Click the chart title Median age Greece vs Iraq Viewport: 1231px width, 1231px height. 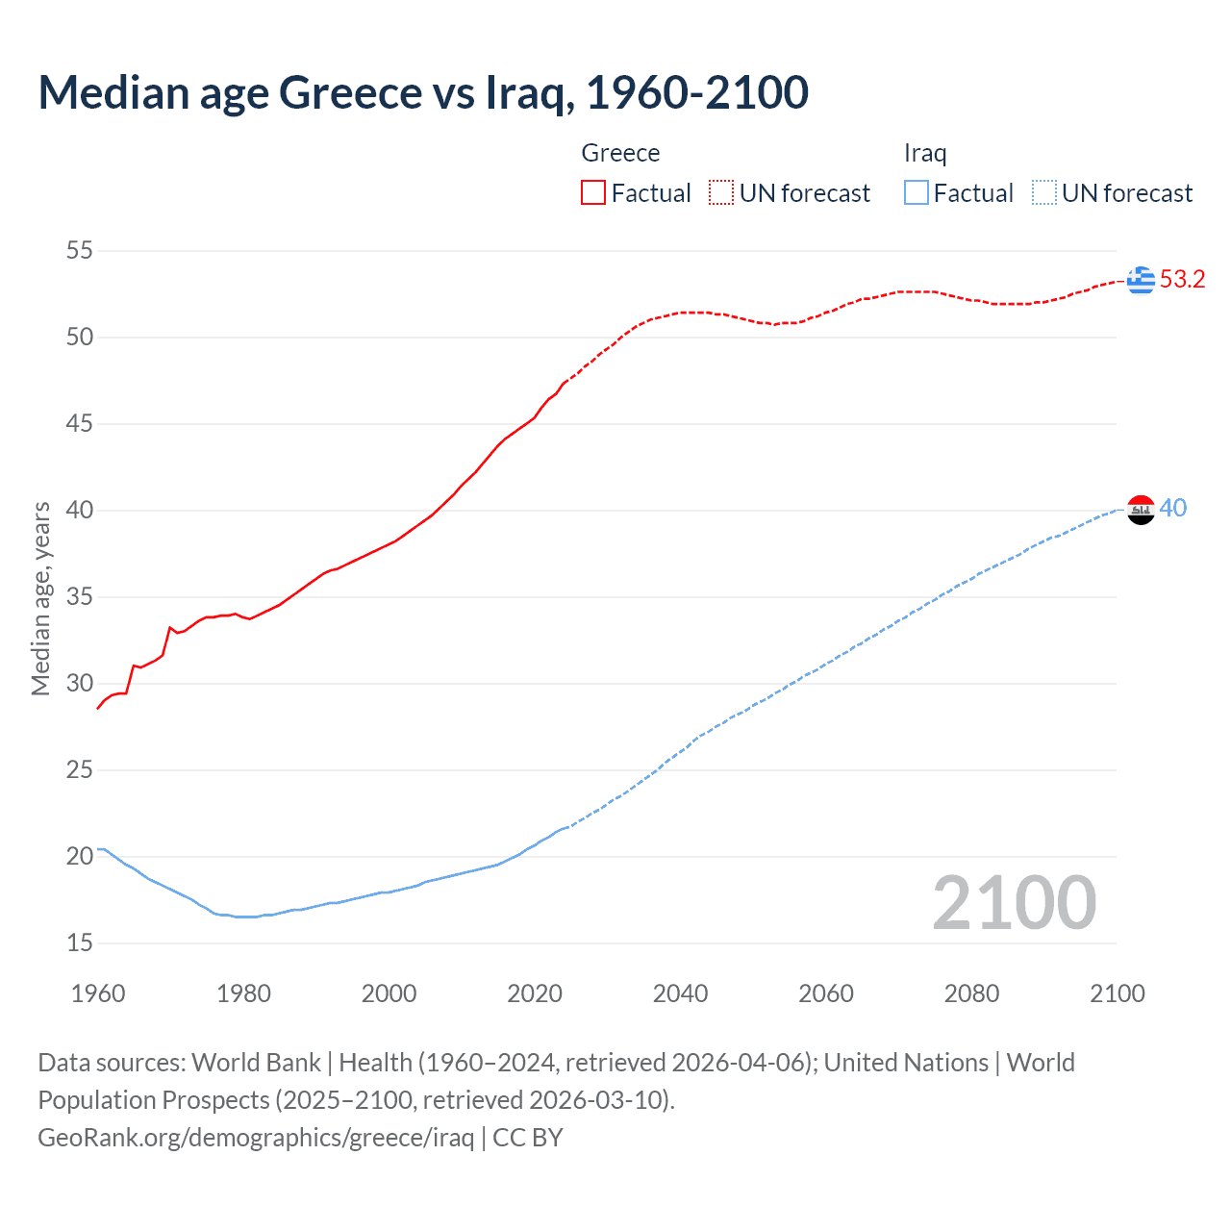tap(423, 93)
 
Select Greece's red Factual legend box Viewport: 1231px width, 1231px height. tap(593, 192)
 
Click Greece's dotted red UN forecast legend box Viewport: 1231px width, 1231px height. tap(721, 192)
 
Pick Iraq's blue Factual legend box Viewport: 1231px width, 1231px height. tap(917, 192)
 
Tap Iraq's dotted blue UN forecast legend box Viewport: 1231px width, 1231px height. tap(1044, 192)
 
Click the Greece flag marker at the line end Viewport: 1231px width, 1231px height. tap(1141, 280)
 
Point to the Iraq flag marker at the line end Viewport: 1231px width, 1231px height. tap(1141, 510)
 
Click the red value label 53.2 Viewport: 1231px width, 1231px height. tap(1183, 280)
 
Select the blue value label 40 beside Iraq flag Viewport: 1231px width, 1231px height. tap(1173, 508)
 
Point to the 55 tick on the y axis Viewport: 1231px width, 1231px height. tap(80, 251)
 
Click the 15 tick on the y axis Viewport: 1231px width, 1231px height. tap(80, 943)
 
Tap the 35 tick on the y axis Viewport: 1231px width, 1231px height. tap(80, 597)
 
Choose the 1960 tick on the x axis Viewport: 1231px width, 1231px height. tap(98, 993)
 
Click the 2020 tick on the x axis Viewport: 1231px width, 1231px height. tap(535, 993)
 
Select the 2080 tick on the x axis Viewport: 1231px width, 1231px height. tap(971, 993)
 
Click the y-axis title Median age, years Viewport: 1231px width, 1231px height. tap(40, 598)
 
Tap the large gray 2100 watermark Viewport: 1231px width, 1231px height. tap(1015, 902)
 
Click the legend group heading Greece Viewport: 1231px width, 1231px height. tap(620, 153)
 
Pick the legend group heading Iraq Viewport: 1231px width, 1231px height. tap(925, 153)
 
